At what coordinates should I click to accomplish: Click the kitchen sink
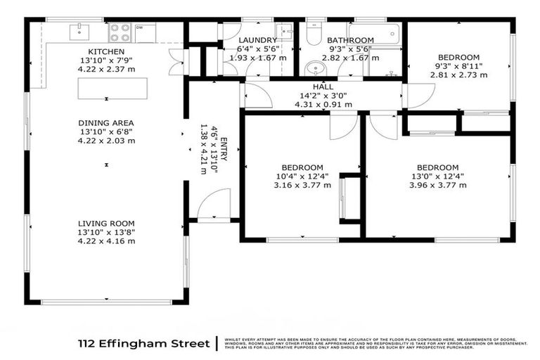[x=79, y=32]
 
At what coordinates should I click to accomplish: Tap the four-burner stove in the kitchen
[x=121, y=32]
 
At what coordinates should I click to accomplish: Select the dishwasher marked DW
[x=145, y=32]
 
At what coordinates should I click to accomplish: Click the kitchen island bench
[x=113, y=88]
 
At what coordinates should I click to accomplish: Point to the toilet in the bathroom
[x=314, y=34]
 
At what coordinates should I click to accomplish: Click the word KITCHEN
[x=106, y=52]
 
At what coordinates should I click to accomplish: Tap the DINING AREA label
[x=106, y=123]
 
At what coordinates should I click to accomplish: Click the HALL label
[x=323, y=86]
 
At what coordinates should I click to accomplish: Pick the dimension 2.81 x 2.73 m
[x=458, y=74]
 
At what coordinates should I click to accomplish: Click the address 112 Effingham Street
[x=143, y=343]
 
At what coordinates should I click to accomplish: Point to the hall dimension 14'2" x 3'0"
[x=323, y=96]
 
